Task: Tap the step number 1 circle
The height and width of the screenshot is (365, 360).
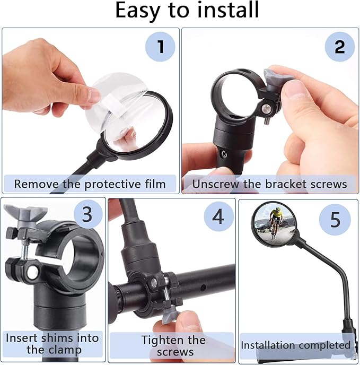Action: [160, 47]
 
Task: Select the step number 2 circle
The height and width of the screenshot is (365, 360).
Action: [340, 47]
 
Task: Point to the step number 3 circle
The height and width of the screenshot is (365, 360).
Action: [87, 214]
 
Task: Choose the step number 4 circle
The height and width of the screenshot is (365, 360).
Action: [218, 216]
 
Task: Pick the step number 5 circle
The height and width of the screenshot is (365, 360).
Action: [335, 220]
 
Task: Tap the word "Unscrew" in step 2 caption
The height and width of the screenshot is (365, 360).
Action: [216, 184]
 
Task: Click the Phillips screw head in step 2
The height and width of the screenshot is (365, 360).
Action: [224, 154]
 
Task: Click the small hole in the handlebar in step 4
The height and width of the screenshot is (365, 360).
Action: [203, 288]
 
